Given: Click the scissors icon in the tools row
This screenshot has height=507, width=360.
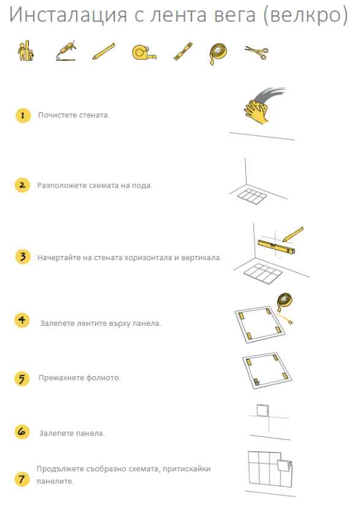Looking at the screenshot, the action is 256,52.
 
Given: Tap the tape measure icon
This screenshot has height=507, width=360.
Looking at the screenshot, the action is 144,52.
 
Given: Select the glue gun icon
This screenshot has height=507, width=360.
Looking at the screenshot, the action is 66,50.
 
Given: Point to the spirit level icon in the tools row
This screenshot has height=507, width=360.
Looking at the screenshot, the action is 183,51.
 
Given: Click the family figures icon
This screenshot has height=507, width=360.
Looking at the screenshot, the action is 25,50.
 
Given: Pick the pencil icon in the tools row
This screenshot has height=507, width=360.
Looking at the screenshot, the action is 104,52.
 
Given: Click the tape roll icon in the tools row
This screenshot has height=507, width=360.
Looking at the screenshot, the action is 218,53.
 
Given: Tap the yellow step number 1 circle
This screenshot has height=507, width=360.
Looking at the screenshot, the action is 23,115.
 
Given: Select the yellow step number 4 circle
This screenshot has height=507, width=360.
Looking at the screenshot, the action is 22,320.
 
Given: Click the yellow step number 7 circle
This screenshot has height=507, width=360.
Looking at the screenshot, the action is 21,479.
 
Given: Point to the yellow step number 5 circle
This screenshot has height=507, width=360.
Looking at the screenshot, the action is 22,379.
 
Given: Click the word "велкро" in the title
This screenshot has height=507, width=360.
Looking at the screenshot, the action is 305,15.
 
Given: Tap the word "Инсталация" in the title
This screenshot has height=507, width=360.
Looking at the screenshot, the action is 68,15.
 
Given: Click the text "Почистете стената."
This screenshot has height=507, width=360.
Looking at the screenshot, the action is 74,115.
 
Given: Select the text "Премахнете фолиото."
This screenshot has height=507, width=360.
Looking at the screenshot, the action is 80,377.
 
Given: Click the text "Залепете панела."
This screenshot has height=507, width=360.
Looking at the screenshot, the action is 72,433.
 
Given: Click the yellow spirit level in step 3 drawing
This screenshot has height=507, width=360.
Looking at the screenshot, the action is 277,246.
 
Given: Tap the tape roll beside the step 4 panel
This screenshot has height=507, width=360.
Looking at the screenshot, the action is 285,303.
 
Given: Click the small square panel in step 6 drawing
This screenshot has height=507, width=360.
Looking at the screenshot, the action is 263,410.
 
